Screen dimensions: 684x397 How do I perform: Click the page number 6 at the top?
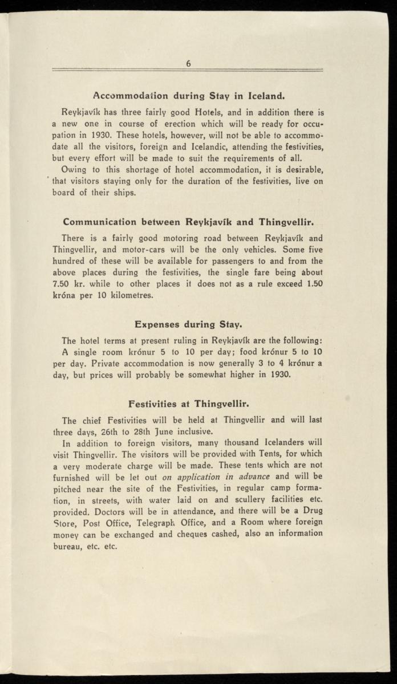click(188, 64)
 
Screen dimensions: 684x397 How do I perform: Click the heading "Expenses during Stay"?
click(188, 324)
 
